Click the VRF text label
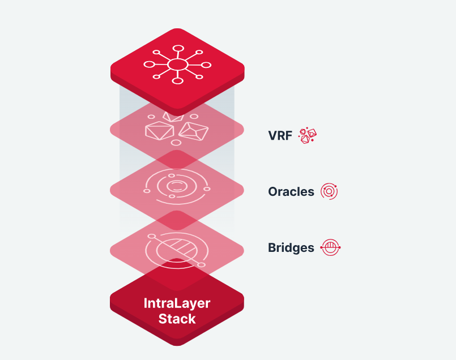(280, 135)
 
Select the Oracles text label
(291, 191)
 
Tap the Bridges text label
(291, 247)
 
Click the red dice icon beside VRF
(308, 136)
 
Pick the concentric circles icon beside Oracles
(329, 191)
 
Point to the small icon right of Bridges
(330, 247)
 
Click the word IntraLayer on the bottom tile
(177, 303)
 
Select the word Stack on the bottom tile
(177, 319)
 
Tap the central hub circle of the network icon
(177, 65)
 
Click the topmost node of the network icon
(177, 48)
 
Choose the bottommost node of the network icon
(177, 81)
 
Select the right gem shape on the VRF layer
(193, 132)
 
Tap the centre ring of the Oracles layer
(177, 186)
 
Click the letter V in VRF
(272, 135)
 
